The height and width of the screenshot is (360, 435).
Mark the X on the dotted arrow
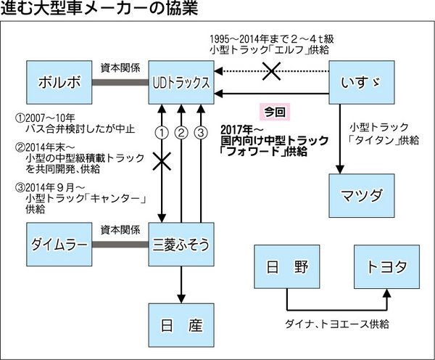coord(271,71)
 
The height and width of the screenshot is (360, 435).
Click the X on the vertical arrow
coord(162,161)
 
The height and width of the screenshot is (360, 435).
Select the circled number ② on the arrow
coord(182,132)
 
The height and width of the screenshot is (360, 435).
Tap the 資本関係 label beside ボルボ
coord(120,65)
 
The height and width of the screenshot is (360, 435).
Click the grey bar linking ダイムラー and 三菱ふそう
coord(120,245)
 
